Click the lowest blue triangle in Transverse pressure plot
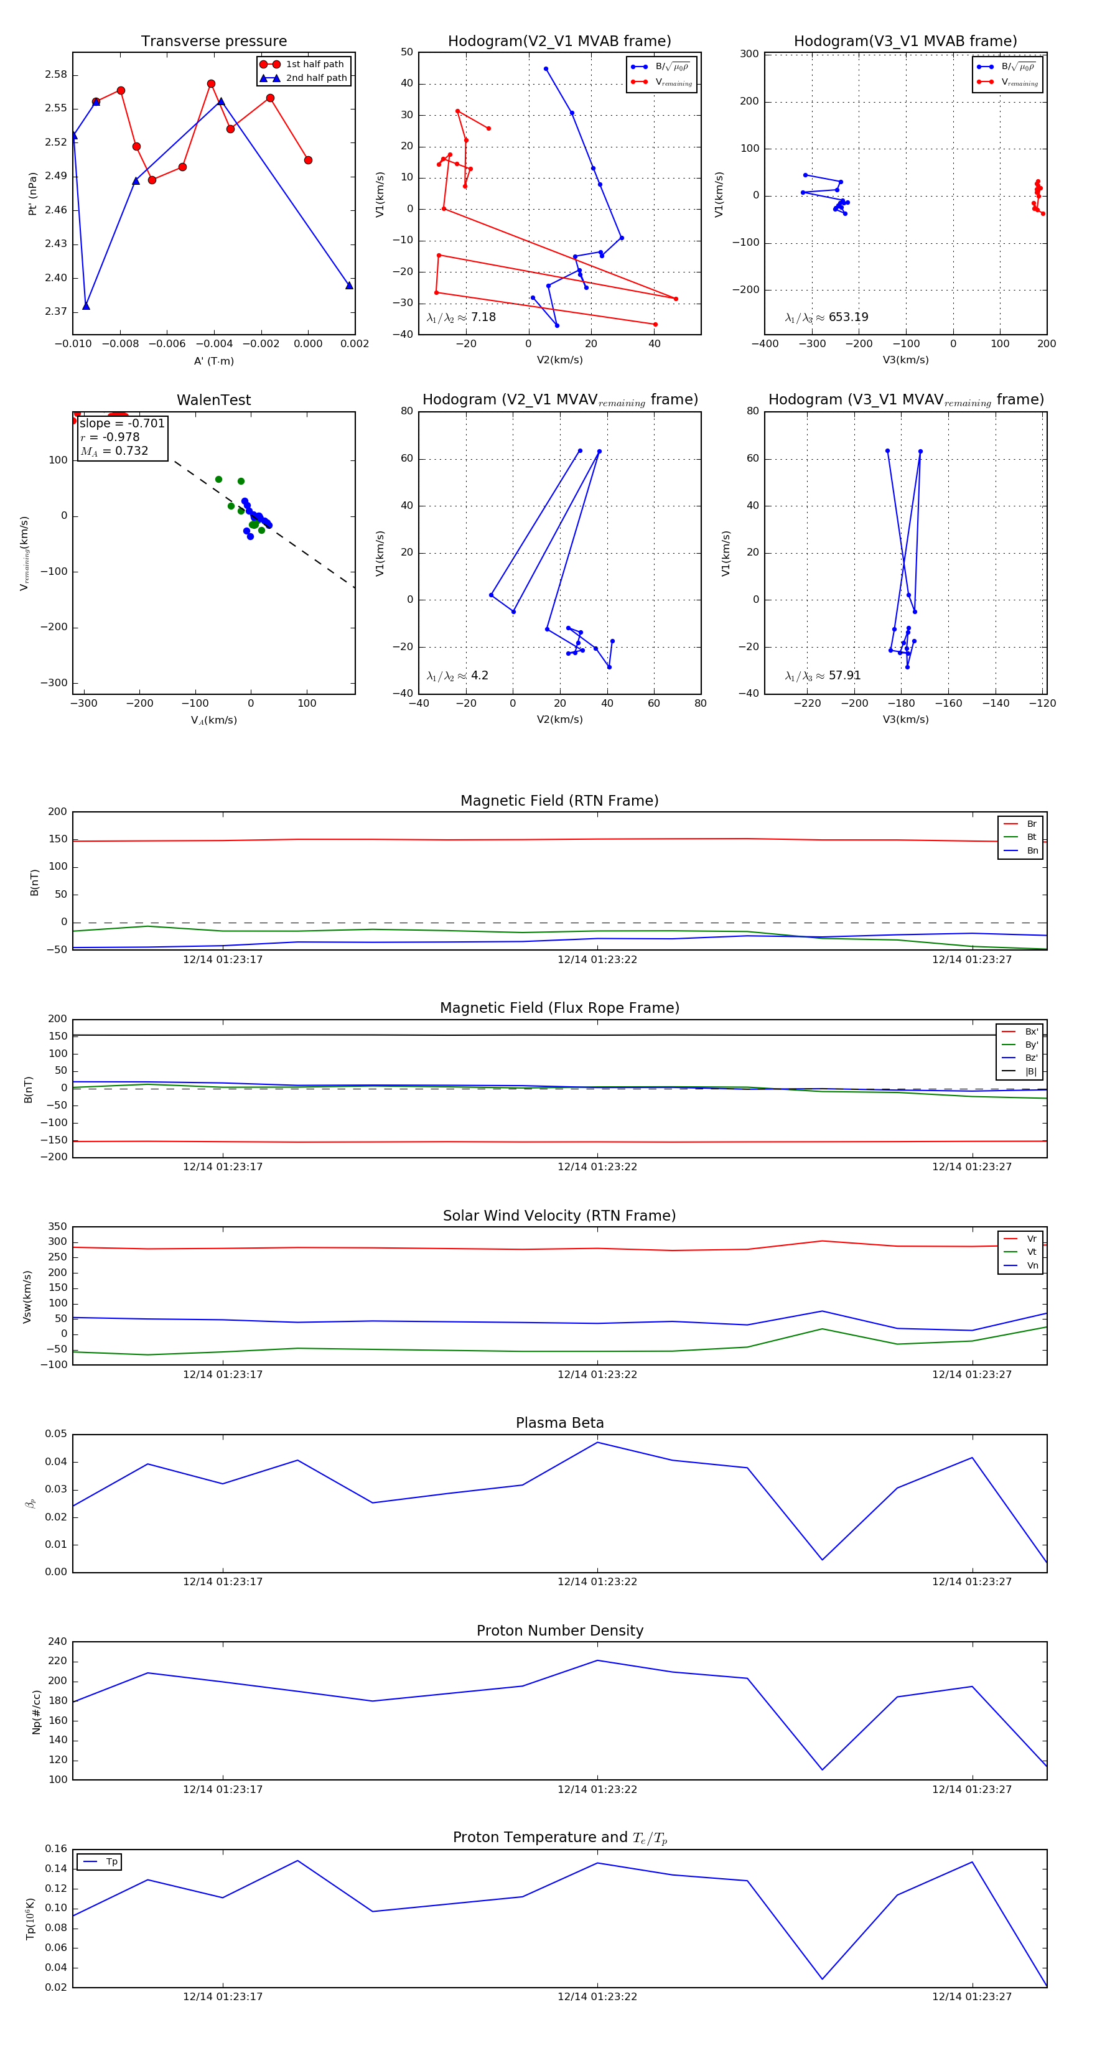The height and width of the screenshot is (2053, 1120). coord(86,306)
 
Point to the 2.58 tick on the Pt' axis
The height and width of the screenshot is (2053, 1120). coord(56,75)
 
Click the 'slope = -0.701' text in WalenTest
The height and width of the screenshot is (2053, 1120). coord(122,423)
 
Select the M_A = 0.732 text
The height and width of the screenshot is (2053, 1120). coord(114,451)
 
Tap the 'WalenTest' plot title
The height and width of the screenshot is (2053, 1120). coord(213,400)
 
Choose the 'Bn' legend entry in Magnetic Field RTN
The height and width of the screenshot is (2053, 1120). coord(1032,850)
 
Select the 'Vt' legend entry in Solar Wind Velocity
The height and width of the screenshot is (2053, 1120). coord(1032,1252)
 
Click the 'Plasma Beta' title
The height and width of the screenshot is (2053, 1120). coord(559,1423)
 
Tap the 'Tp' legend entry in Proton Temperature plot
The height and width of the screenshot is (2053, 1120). coord(111,1862)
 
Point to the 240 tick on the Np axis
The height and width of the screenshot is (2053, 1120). coord(57,1642)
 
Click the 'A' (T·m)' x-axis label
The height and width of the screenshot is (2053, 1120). coord(213,361)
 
